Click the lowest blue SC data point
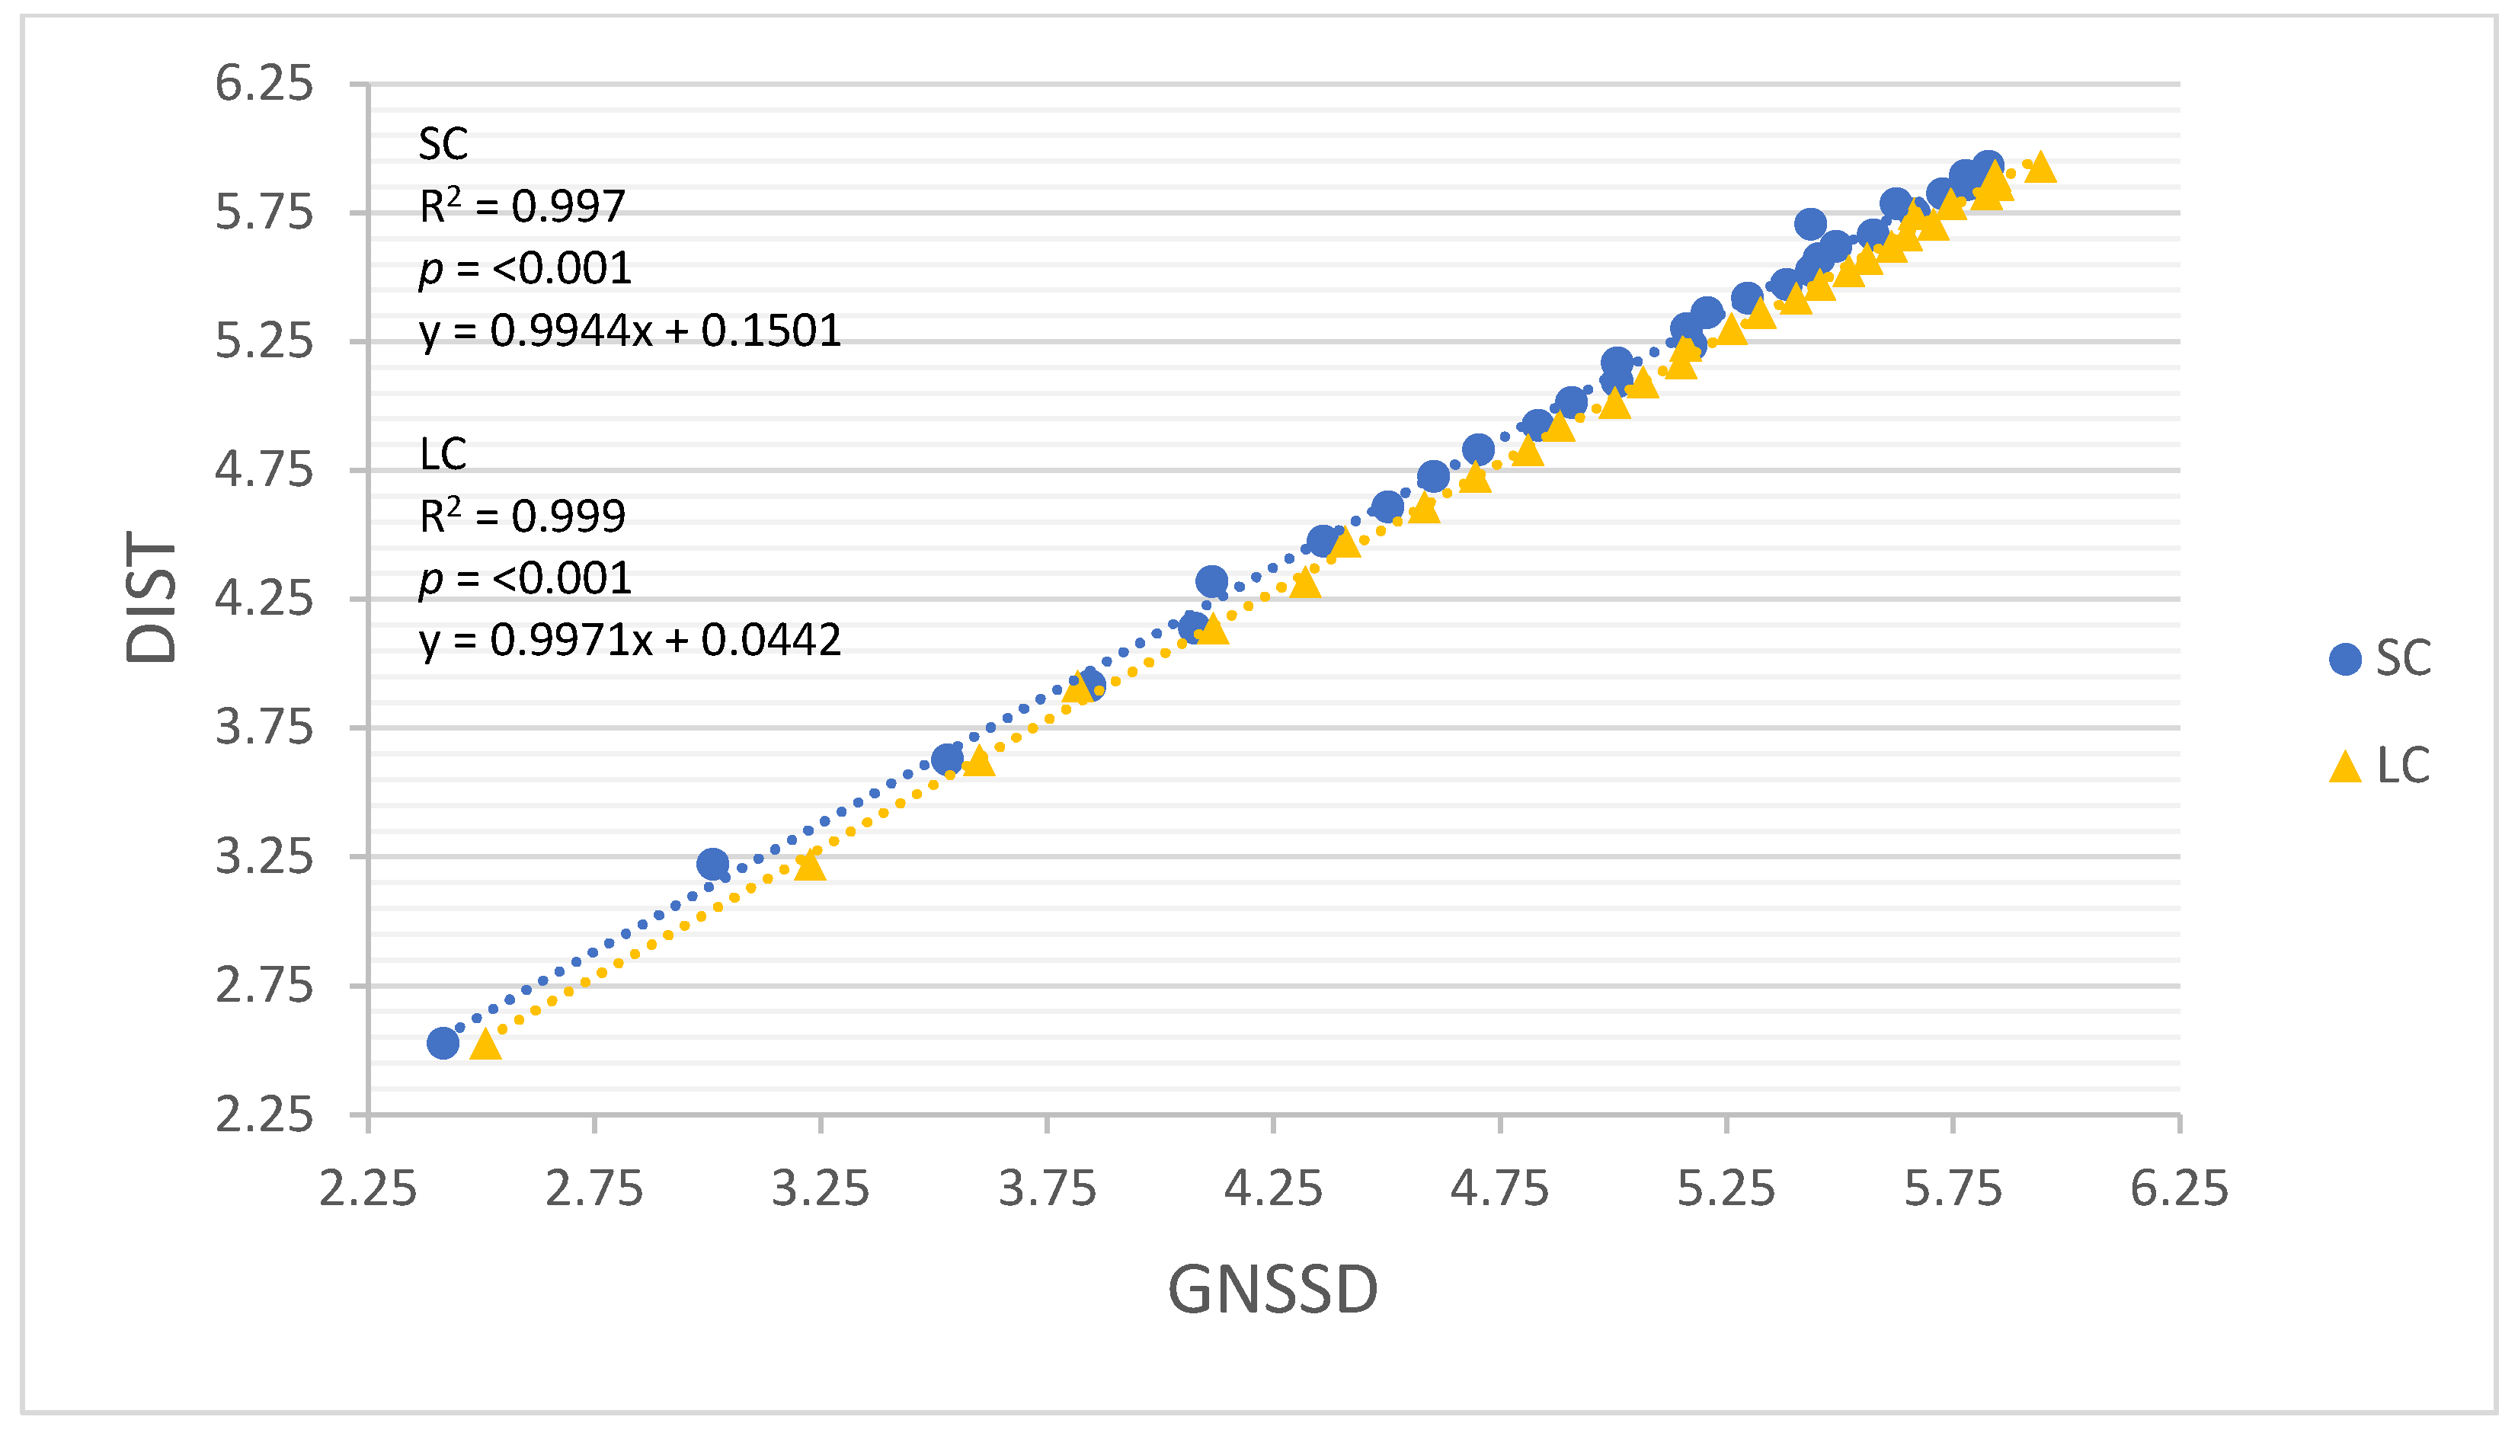(443, 1043)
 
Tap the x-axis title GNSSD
(1273, 1289)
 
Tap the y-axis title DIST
(151, 597)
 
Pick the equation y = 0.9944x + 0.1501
(629, 330)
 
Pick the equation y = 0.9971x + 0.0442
(629, 641)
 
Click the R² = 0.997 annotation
(522, 206)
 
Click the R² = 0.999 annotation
(522, 516)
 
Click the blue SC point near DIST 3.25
(712, 864)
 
